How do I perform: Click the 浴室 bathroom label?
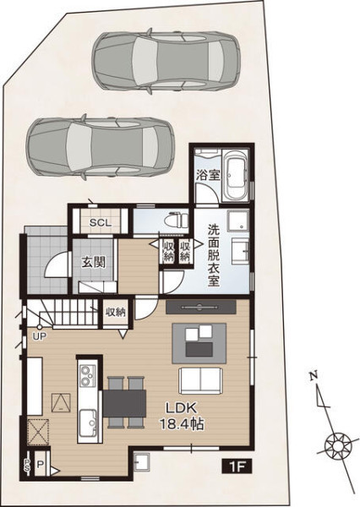click(208, 175)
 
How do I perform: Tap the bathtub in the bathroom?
click(237, 177)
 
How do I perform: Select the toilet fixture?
click(176, 221)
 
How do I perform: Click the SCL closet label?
click(101, 223)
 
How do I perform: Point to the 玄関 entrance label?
click(93, 262)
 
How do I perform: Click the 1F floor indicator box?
click(237, 466)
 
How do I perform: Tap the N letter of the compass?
click(313, 376)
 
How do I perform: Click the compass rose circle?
click(338, 446)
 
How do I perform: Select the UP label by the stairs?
click(40, 336)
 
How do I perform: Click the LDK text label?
click(181, 408)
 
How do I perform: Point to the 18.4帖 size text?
click(182, 424)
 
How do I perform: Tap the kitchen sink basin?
click(87, 422)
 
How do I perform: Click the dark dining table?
click(124, 403)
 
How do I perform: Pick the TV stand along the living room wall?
click(200, 307)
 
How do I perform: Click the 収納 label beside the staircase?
click(116, 313)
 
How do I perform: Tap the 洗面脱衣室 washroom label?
click(214, 255)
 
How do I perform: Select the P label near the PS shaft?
click(40, 466)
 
